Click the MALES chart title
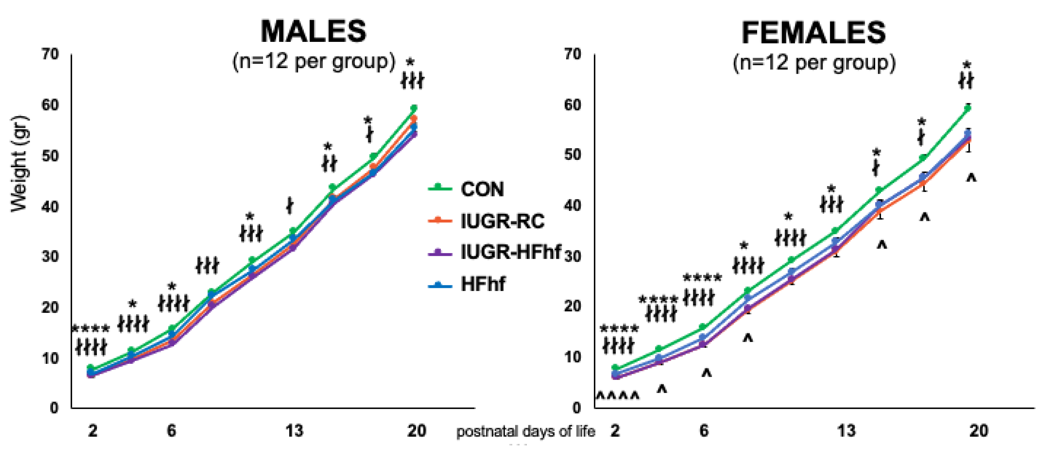tap(313, 31)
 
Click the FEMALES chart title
tap(813, 32)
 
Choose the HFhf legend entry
tap(483, 284)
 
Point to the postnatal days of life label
tap(526, 431)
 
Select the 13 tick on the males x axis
tap(294, 430)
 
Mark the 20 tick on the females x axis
tap(979, 430)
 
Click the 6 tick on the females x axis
tap(704, 430)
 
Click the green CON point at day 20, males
tap(414, 108)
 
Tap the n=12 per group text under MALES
tap(313, 62)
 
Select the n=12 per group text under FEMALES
tap(814, 63)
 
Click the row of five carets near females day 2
tap(617, 395)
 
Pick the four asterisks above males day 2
tap(91, 328)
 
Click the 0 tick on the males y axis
tap(54, 408)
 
